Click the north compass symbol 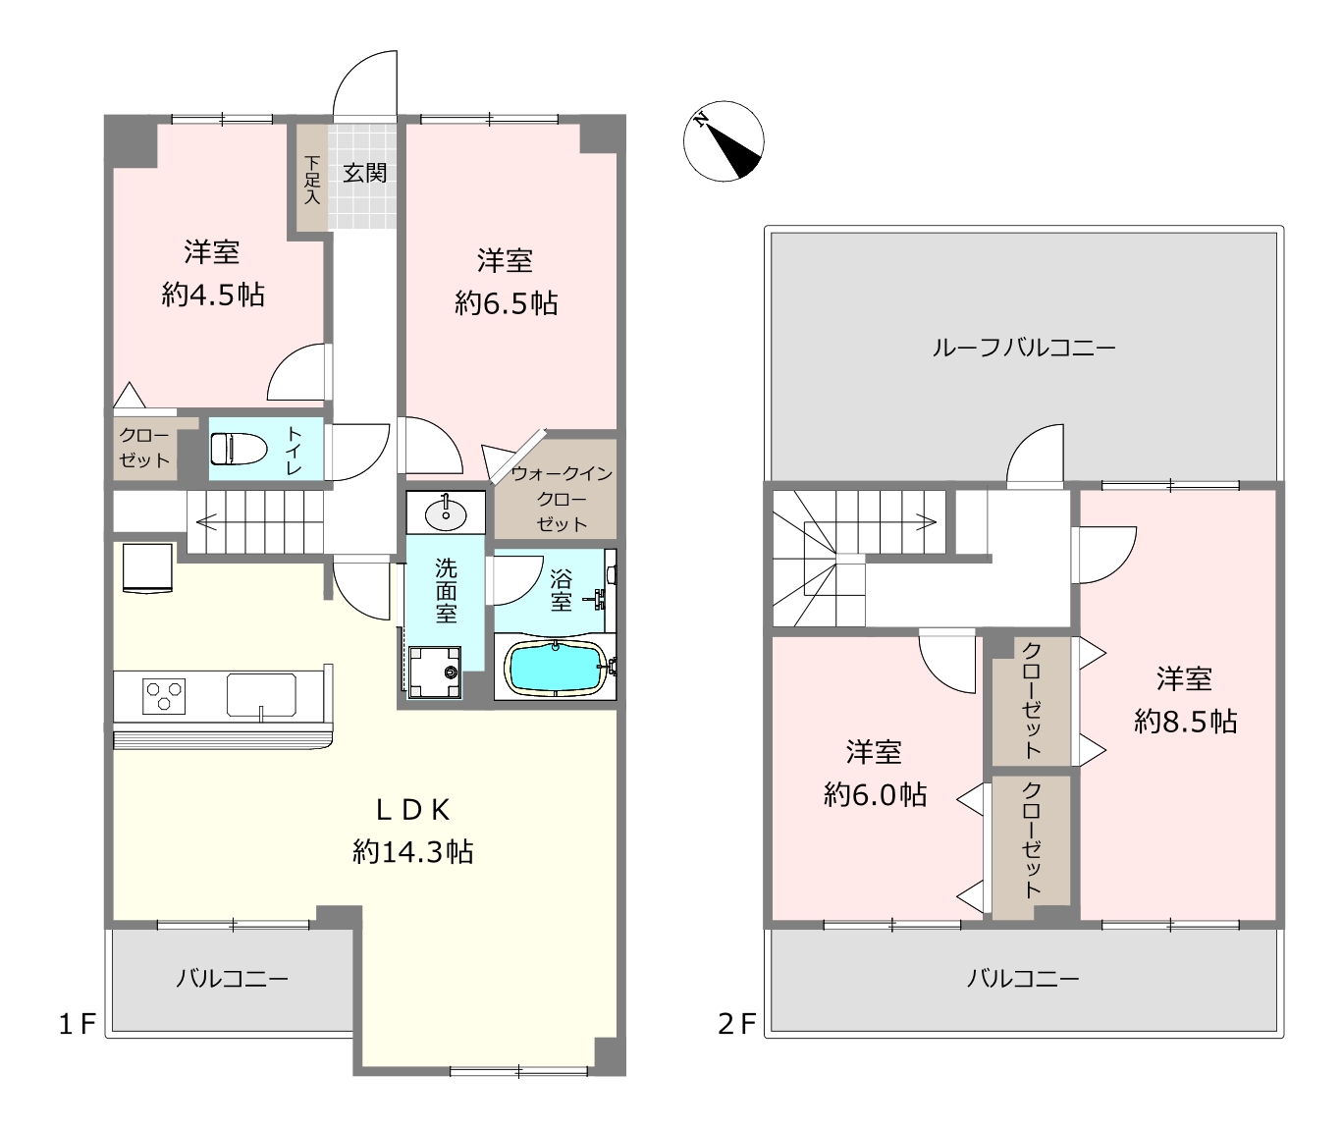coord(724,141)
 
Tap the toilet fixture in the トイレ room coord(239,448)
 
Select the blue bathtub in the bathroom coord(556,669)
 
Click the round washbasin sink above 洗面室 coord(446,513)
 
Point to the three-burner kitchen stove coord(164,696)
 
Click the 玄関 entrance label coord(364,173)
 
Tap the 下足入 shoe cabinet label coord(312,180)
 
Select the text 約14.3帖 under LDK coord(412,852)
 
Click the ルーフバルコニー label coord(1023,348)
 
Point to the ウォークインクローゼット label coord(562,499)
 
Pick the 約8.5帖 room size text coord(1185,722)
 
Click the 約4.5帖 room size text coord(213,296)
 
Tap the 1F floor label coord(78,1025)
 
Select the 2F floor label coord(736,1025)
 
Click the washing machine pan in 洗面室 coord(435,672)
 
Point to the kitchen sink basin coord(261,695)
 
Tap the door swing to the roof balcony coord(1035,454)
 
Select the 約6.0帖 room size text coord(875,795)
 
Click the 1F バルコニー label coord(232,979)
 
